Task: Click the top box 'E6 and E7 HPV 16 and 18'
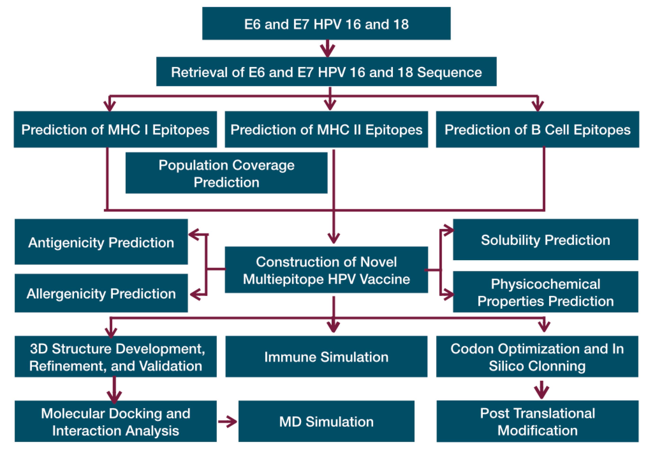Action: [326, 24]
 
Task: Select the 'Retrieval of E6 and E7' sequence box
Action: [326, 72]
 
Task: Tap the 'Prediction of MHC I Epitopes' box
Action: [115, 129]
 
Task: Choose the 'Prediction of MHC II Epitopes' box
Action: [326, 129]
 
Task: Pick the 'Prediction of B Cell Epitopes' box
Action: [537, 129]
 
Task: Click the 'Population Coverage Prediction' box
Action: [227, 173]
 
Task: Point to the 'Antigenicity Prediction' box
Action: [101, 242]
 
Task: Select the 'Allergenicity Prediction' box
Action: [101, 293]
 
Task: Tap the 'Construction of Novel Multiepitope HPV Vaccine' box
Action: [326, 270]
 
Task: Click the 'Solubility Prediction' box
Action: [545, 240]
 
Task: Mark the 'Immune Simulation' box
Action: [326, 356]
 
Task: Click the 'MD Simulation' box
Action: [326, 422]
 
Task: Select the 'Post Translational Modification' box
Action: [537, 422]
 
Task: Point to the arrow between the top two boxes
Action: [328, 48]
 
